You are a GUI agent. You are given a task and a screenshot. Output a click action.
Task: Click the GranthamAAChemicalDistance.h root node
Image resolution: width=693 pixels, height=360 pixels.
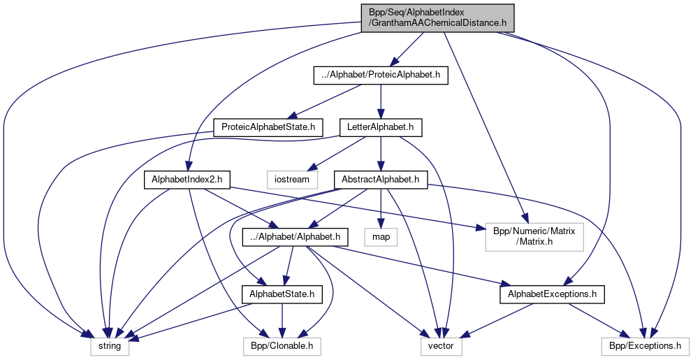click(x=438, y=17)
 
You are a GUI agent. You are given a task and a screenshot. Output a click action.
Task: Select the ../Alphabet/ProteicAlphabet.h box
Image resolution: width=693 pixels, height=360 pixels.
click(x=379, y=75)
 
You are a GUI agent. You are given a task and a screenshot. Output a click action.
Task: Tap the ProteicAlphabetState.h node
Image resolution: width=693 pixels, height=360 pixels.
click(x=269, y=127)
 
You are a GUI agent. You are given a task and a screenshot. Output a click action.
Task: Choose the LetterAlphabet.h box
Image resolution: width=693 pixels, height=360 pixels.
click(x=380, y=127)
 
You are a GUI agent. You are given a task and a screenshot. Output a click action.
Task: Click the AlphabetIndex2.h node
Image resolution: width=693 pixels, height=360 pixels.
click(x=187, y=180)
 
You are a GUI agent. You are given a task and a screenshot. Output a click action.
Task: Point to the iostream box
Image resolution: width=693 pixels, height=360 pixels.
click(x=292, y=180)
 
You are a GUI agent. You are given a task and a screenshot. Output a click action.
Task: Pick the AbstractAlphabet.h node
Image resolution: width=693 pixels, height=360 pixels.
click(x=380, y=180)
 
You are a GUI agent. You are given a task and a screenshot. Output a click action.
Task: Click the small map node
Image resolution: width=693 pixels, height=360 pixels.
click(x=380, y=237)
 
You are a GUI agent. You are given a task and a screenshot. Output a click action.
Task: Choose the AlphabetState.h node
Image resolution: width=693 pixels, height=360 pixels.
click(x=282, y=295)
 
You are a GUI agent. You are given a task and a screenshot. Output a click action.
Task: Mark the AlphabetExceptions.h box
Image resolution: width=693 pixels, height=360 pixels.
click(x=552, y=295)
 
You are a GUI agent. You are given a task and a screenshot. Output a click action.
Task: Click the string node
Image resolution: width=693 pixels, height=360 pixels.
click(x=109, y=345)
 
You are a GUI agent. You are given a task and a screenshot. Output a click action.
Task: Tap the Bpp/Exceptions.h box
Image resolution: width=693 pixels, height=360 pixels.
click(x=645, y=345)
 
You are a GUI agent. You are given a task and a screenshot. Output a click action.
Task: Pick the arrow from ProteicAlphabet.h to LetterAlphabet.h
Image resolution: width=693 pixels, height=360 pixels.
click(x=380, y=101)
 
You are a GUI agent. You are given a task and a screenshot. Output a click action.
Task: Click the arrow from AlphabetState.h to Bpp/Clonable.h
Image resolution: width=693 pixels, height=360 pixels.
click(x=282, y=320)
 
